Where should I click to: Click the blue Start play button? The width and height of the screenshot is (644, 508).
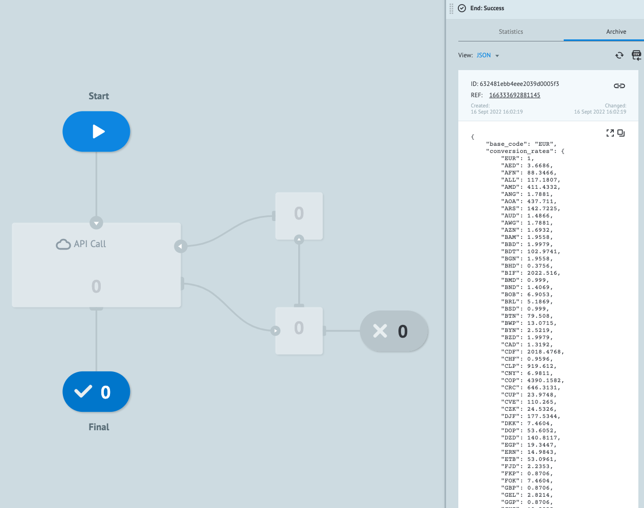(96, 131)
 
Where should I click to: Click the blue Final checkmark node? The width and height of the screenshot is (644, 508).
(96, 392)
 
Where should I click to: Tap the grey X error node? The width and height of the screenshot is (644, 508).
(394, 332)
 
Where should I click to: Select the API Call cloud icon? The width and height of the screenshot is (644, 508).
(63, 244)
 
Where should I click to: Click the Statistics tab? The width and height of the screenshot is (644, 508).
(510, 32)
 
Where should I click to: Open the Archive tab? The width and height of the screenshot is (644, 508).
(616, 32)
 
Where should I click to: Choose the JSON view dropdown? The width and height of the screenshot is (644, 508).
(487, 55)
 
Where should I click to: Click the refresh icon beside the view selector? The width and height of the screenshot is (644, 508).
(619, 55)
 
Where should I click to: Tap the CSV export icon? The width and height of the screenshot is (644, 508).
(636, 55)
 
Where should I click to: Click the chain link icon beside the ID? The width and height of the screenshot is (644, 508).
(619, 86)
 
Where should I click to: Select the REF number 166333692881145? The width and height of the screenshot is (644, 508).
(515, 95)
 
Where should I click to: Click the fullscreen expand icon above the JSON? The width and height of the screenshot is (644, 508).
(610, 133)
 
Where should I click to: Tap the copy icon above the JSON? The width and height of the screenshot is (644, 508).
(621, 133)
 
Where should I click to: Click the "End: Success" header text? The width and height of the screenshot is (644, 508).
(487, 8)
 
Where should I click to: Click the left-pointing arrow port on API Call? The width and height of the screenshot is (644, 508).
(180, 246)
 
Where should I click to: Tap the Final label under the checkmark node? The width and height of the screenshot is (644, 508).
(99, 427)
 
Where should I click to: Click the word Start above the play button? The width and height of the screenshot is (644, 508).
(99, 96)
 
